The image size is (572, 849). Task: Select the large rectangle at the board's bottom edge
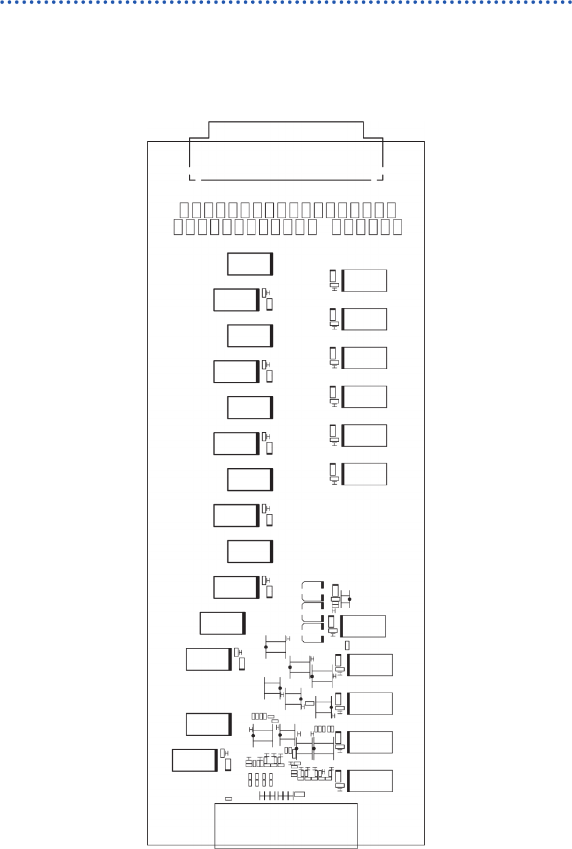pyautogui.click(x=285, y=825)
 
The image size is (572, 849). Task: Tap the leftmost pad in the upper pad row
pyautogui.click(x=184, y=210)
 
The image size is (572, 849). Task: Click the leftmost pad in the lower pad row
pyautogui.click(x=177, y=227)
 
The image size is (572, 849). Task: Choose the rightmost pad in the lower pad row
pyautogui.click(x=398, y=227)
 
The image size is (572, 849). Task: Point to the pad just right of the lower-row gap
pyautogui.click(x=337, y=227)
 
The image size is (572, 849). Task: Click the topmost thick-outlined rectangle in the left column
pyautogui.click(x=250, y=263)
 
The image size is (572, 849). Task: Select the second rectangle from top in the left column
pyautogui.click(x=236, y=300)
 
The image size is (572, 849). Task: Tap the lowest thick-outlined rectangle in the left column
pyautogui.click(x=194, y=760)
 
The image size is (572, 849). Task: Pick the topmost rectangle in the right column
pyautogui.click(x=364, y=281)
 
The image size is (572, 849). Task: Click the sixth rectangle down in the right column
pyautogui.click(x=364, y=474)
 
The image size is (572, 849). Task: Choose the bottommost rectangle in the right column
pyautogui.click(x=370, y=781)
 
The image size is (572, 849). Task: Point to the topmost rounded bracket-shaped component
pyautogui.click(x=312, y=590)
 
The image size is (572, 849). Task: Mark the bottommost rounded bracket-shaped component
pyautogui.click(x=312, y=634)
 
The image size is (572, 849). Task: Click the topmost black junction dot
pyautogui.click(x=350, y=600)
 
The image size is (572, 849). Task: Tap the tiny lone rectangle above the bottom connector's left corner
pyautogui.click(x=229, y=798)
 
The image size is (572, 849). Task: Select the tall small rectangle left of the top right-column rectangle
pyautogui.click(x=333, y=276)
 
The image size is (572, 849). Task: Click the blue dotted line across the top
pyautogui.click(x=286, y=2)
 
